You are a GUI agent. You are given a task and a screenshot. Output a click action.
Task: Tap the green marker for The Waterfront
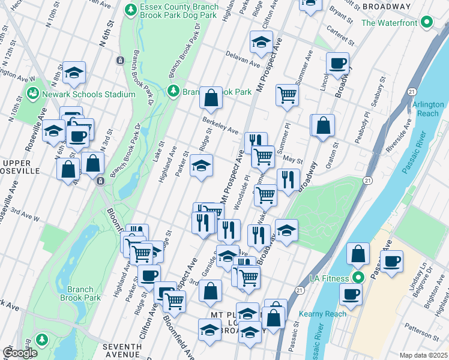pyautogui.click(x=427, y=23)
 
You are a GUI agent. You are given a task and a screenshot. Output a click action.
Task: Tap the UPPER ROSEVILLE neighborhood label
pyautogui.click(x=21, y=167)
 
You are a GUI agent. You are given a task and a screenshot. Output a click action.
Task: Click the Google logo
pyautogui.click(x=20, y=353)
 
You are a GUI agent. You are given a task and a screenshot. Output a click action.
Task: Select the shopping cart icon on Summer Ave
pyautogui.click(x=287, y=94)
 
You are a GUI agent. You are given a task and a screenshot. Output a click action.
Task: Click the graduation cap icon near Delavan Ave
pyautogui.click(x=261, y=42)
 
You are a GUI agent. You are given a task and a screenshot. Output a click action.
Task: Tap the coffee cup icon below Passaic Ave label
pyautogui.click(x=391, y=262)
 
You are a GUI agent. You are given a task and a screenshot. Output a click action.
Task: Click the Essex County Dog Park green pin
pyautogui.click(x=130, y=10)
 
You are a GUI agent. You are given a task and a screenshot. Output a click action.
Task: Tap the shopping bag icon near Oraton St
pyautogui.click(x=323, y=125)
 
